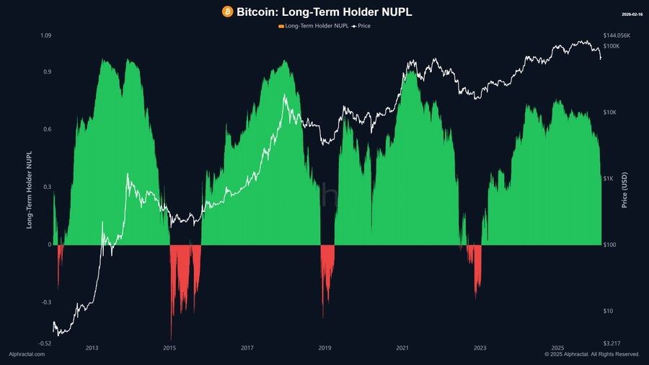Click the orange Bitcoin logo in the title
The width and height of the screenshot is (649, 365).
(228, 12)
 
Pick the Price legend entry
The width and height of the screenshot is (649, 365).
(363, 26)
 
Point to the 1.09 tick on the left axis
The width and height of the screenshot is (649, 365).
(45, 35)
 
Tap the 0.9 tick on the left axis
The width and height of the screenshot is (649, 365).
(47, 72)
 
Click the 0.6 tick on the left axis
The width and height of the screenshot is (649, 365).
(47, 130)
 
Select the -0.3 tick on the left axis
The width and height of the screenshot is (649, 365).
(45, 302)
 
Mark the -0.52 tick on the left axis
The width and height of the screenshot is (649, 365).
(44, 343)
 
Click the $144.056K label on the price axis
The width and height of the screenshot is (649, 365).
(616, 35)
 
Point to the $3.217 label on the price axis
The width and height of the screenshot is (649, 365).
(612, 343)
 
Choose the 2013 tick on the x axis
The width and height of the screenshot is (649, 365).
(92, 348)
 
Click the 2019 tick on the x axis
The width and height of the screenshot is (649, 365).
(324, 348)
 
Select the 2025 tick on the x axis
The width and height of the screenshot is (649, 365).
(557, 348)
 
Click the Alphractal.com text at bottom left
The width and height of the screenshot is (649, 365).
(27, 354)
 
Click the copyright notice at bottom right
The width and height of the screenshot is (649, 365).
(592, 354)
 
